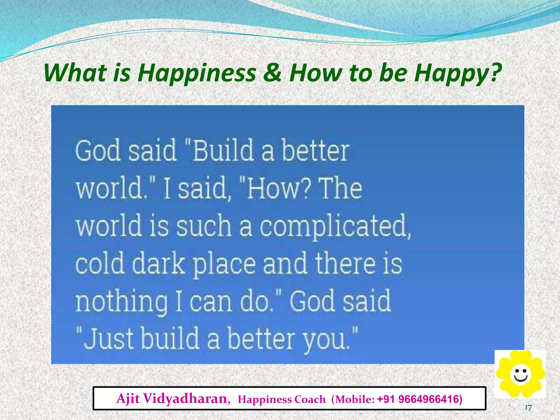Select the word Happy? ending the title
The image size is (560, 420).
click(x=457, y=73)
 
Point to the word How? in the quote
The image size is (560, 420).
click(x=278, y=188)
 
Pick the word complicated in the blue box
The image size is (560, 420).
click(x=335, y=226)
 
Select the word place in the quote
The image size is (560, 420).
click(x=224, y=265)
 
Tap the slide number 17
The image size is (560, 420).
click(x=528, y=408)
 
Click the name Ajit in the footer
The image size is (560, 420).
click(x=128, y=399)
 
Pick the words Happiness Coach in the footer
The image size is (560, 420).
click(x=282, y=399)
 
